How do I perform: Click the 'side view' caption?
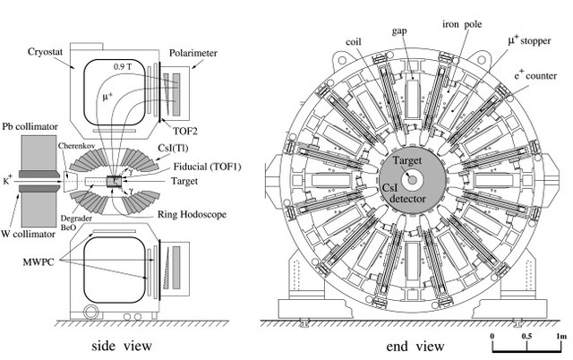pos(126,344)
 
